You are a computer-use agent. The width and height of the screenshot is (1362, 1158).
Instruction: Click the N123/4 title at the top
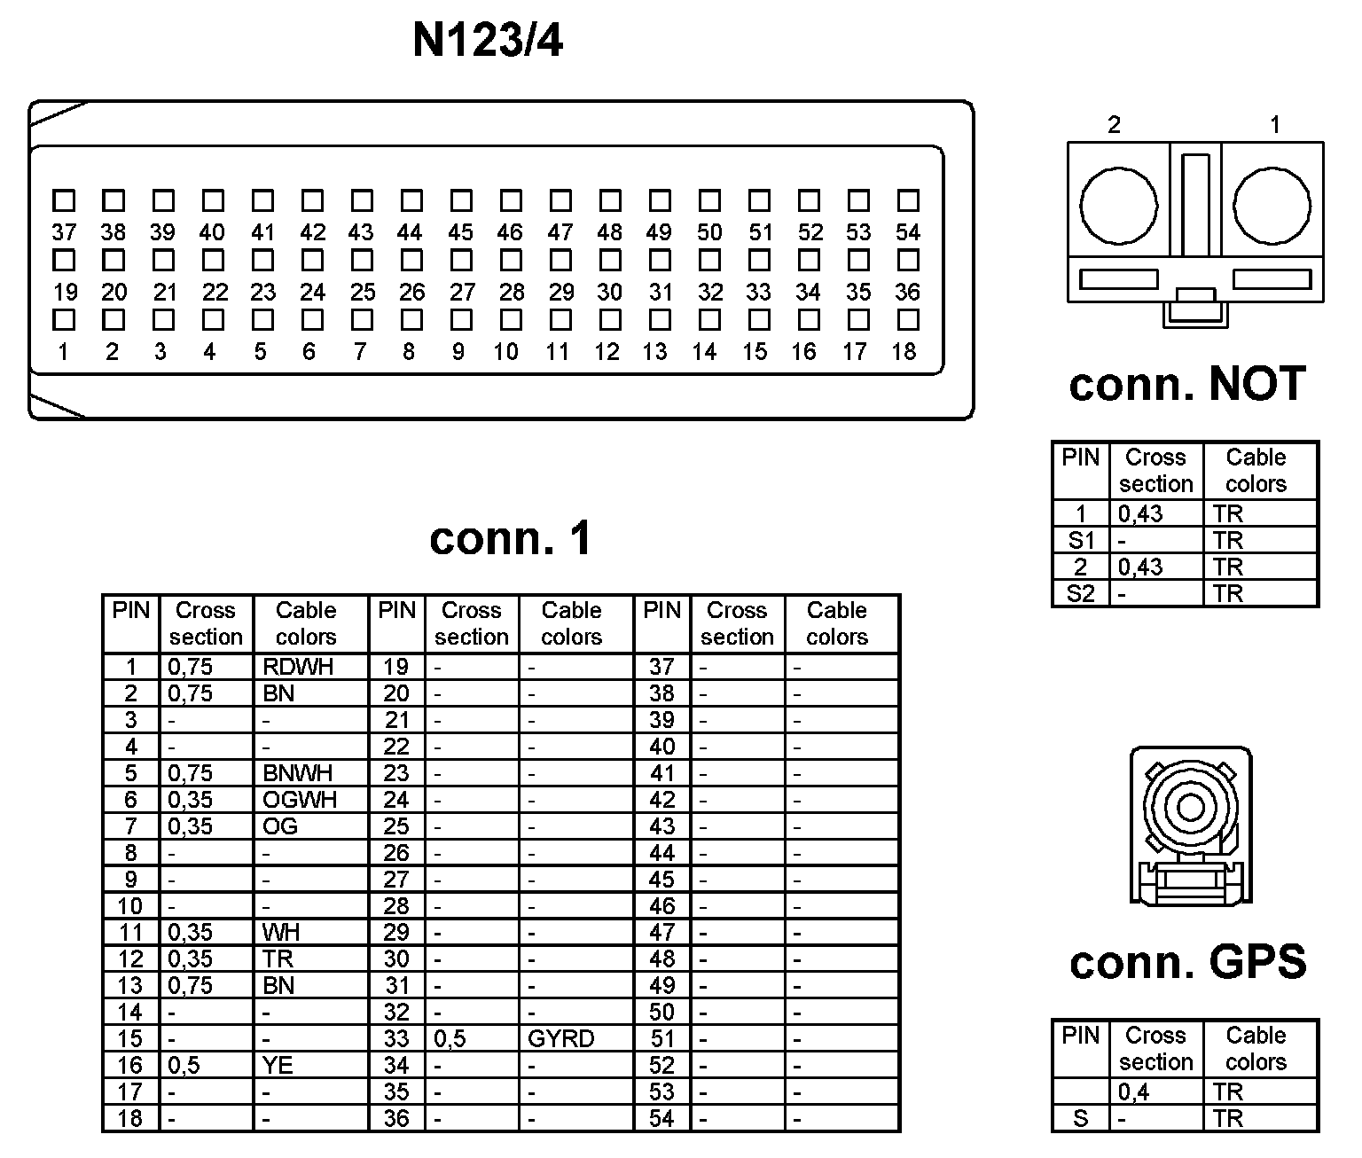(488, 41)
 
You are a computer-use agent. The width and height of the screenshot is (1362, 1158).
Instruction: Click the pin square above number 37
(64, 200)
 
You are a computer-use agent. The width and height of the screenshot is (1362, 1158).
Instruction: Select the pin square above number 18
(908, 319)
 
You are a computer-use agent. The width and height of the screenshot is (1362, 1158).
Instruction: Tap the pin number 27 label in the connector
(462, 292)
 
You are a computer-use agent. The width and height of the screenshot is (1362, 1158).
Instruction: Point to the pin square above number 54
(908, 200)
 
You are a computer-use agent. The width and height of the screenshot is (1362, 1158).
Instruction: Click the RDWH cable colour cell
(298, 667)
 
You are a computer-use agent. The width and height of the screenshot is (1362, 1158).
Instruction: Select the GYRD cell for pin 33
(560, 1038)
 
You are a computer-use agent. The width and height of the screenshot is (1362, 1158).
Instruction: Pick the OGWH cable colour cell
(300, 800)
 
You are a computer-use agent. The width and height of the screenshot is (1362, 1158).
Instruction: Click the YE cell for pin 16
(278, 1065)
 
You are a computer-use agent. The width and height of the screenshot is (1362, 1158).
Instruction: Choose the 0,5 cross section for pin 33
(450, 1038)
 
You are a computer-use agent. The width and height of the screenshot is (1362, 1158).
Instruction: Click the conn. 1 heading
(510, 538)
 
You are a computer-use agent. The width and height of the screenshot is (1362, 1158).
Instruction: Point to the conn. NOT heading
(1187, 384)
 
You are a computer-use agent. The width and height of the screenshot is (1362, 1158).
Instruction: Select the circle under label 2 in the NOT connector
(1119, 206)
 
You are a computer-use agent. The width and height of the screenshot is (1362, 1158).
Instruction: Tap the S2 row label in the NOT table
(1080, 593)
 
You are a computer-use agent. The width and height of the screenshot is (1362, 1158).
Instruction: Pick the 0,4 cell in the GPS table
(1134, 1092)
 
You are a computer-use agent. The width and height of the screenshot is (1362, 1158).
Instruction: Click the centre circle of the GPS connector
(1190, 808)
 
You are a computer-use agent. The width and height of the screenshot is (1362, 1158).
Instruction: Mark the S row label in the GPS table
(1080, 1119)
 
